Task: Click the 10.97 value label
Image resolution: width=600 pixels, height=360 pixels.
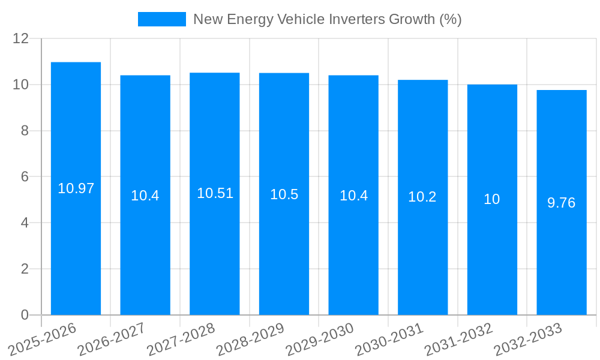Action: [x=76, y=188]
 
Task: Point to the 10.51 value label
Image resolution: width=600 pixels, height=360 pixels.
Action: [x=215, y=193]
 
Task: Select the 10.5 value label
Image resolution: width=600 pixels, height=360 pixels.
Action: [x=284, y=194]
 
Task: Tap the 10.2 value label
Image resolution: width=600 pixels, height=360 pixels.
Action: [x=422, y=197]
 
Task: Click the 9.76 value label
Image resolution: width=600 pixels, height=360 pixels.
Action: [x=562, y=203]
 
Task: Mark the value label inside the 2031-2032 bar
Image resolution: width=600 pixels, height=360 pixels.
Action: [x=492, y=200]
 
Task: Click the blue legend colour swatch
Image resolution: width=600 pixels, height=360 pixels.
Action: [x=162, y=19]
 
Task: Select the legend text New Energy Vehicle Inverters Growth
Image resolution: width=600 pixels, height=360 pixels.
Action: [x=327, y=19]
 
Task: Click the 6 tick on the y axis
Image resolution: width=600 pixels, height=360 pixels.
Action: [x=25, y=177]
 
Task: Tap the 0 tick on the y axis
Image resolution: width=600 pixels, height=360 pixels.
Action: [x=25, y=315]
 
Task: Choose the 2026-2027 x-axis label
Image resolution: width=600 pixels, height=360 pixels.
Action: [x=112, y=340]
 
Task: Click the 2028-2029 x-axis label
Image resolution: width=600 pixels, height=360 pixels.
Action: [x=251, y=340]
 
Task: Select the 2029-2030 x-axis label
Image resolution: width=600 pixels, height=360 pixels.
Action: [x=320, y=340]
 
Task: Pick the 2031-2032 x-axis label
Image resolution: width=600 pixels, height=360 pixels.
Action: [x=459, y=340]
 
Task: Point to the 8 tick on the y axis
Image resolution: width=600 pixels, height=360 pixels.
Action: [x=25, y=131]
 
